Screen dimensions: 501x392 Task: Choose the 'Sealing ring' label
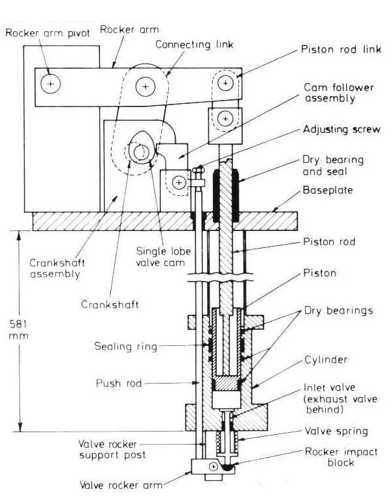tap(134, 347)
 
